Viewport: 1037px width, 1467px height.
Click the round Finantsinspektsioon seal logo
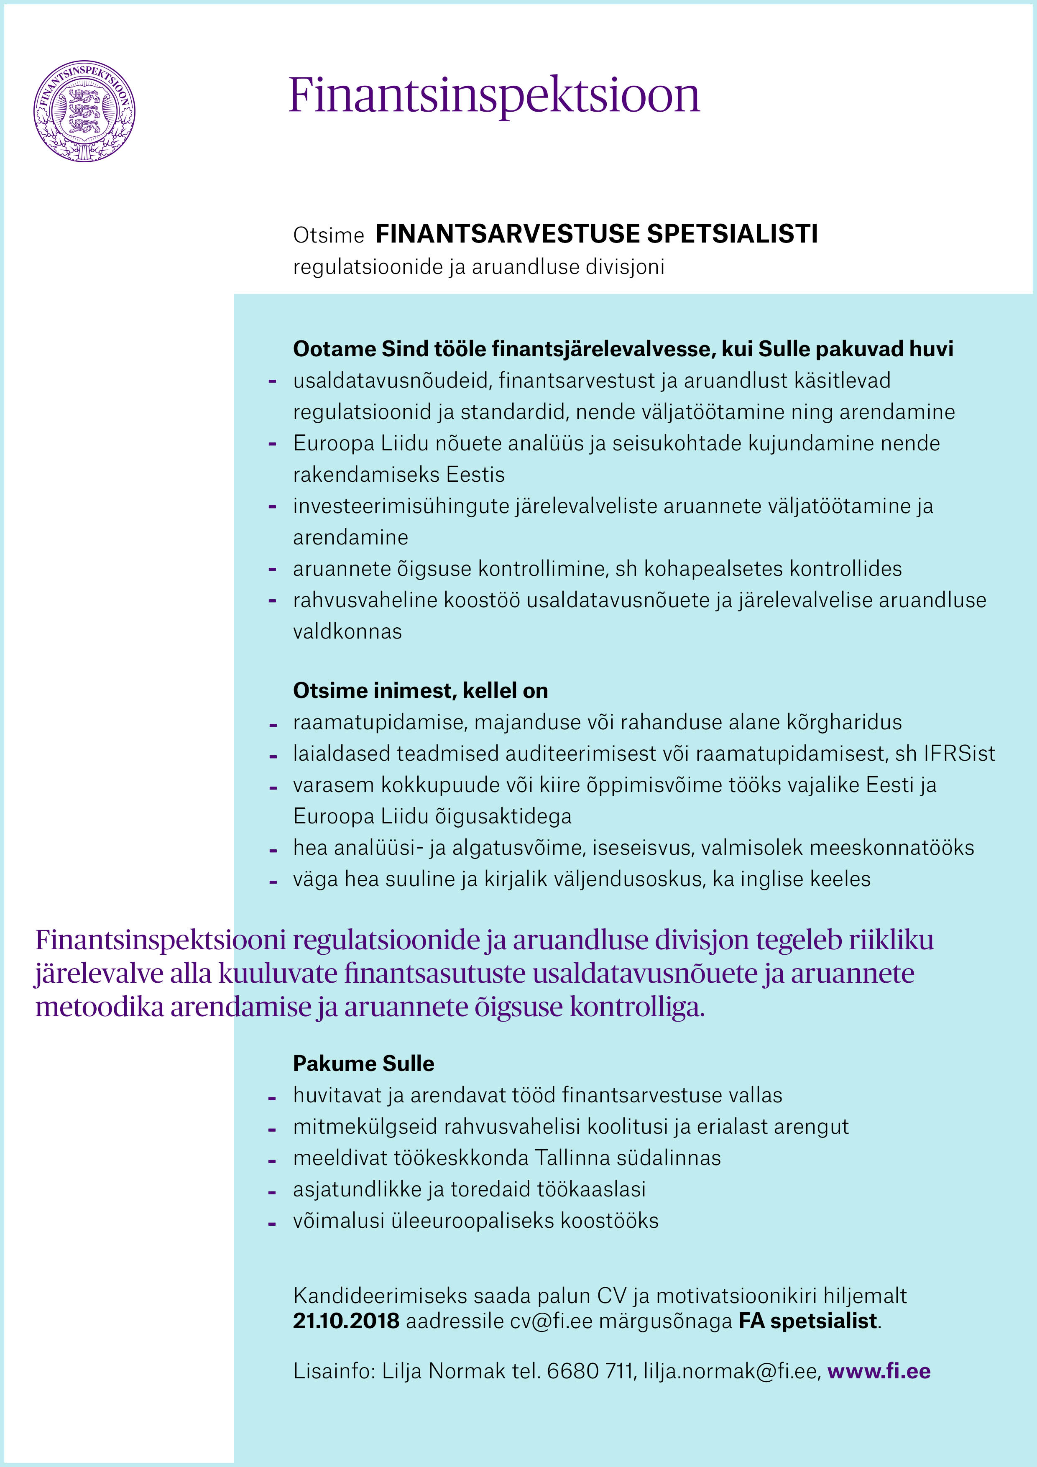[x=84, y=110]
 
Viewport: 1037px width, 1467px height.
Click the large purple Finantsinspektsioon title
[x=494, y=96]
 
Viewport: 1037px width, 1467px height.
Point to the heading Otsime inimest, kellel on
[x=420, y=691]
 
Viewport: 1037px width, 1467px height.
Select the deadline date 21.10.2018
[x=346, y=1321]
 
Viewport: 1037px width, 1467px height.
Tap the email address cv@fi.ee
[x=551, y=1321]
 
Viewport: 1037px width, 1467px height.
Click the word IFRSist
[x=959, y=754]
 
